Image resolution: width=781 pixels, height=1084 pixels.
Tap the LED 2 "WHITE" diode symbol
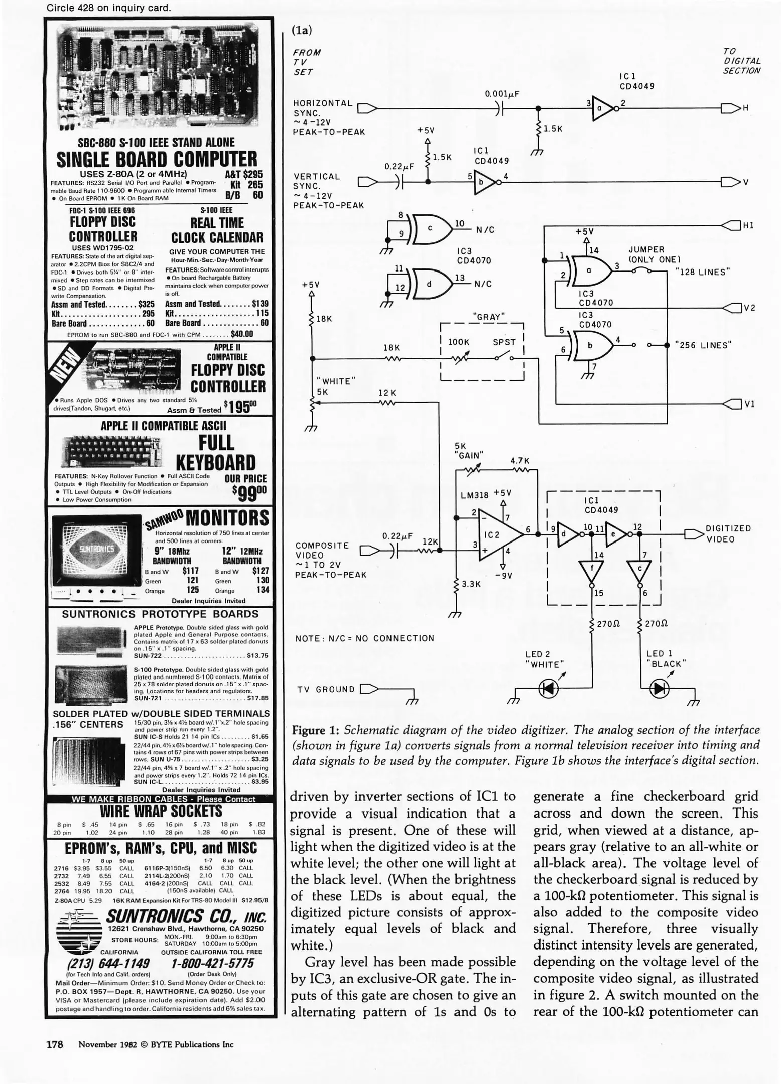[548, 689]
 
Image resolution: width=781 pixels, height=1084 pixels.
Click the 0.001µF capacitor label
[502, 94]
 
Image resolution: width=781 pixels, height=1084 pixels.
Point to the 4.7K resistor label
[520, 460]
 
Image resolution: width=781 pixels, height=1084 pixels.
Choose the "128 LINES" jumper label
[702, 272]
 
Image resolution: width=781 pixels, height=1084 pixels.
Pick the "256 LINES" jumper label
[703, 345]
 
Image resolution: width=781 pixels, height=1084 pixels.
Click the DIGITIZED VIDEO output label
[728, 534]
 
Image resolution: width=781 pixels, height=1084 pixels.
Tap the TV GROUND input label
[326, 689]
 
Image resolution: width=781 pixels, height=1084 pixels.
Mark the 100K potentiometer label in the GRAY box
[458, 342]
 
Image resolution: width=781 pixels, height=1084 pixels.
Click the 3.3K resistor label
[471, 584]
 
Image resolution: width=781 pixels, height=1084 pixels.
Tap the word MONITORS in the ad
[227, 518]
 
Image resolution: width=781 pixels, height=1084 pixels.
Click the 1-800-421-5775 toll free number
[212, 963]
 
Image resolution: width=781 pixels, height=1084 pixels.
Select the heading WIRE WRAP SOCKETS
[161, 811]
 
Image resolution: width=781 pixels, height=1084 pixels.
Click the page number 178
[54, 1044]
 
